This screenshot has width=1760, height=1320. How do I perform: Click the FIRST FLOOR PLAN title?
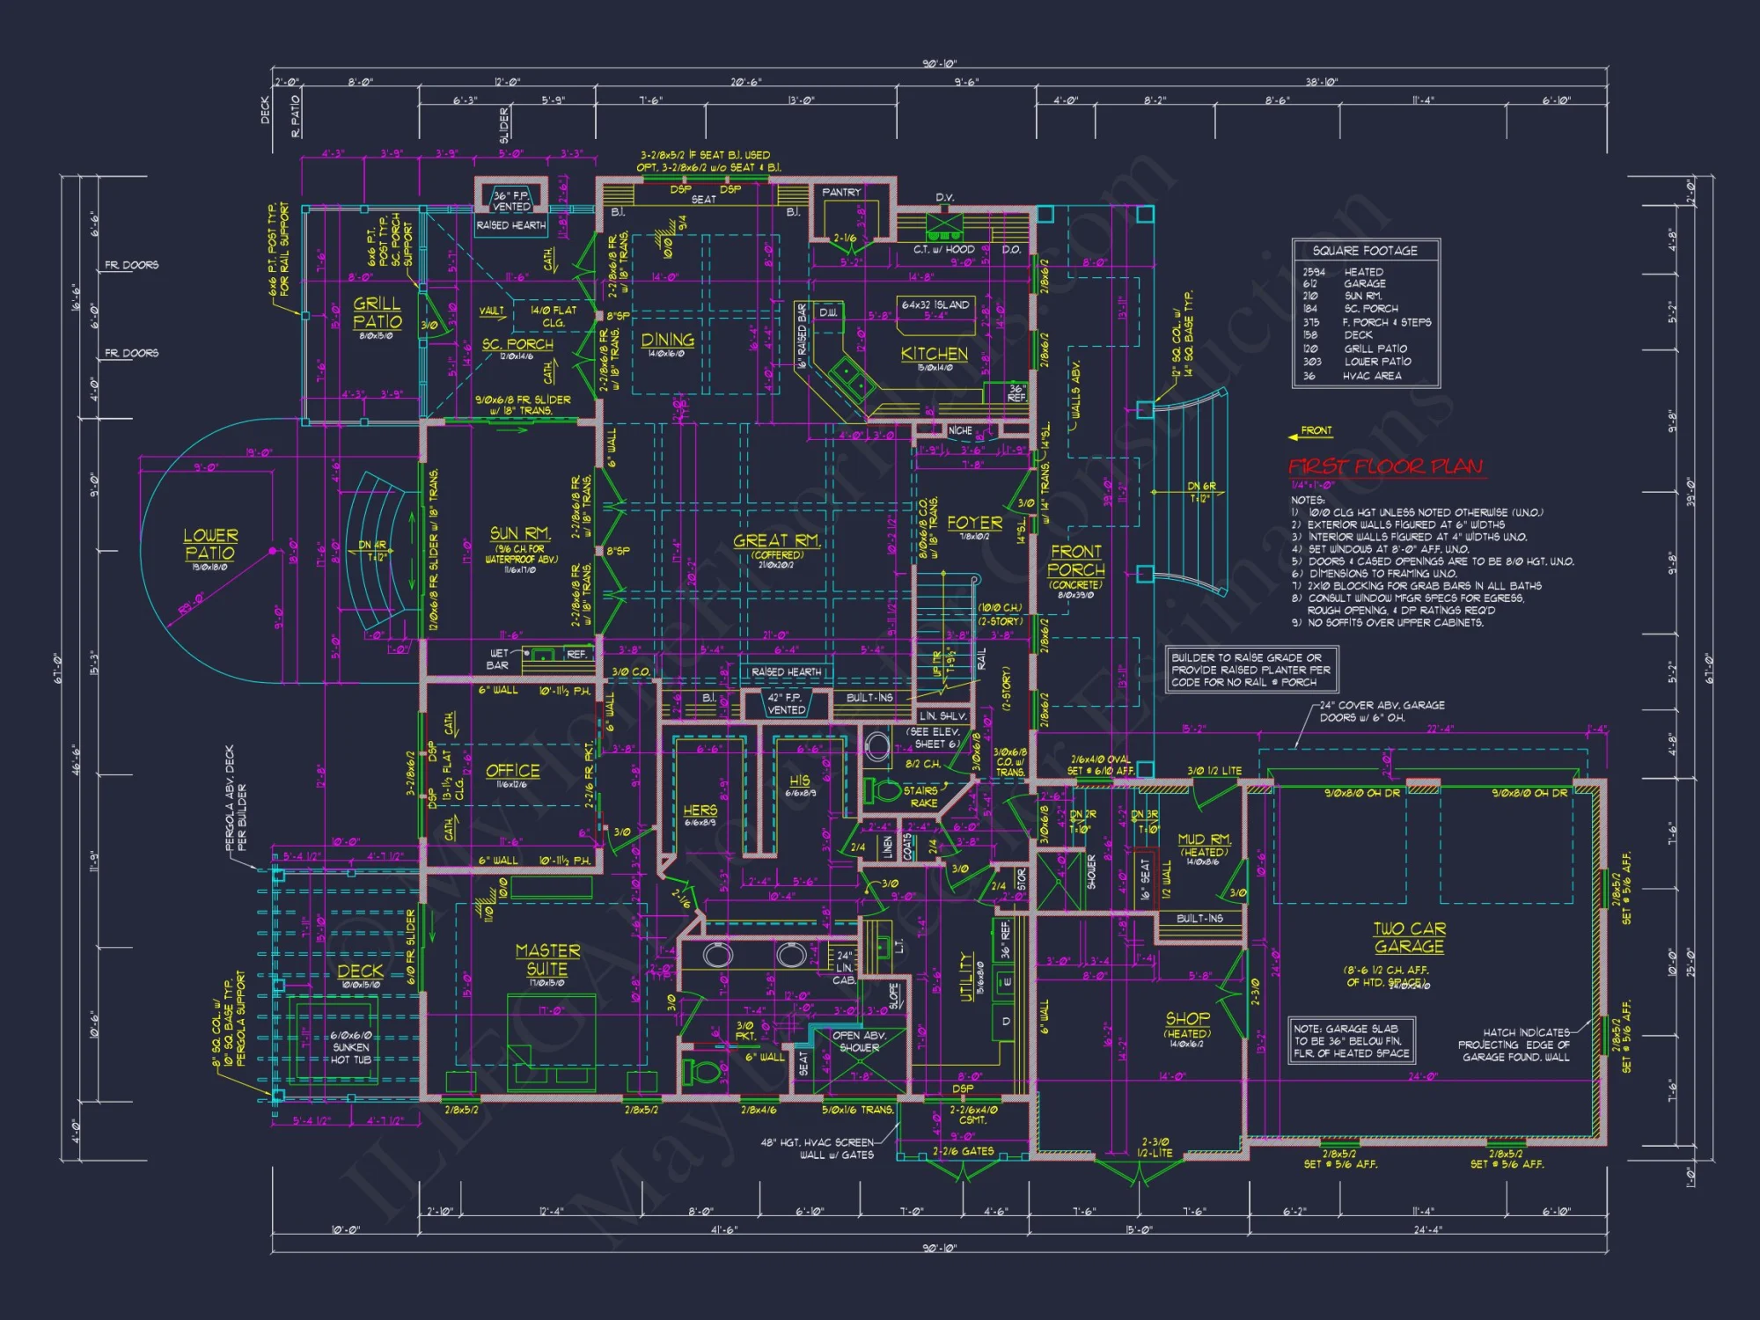[1387, 466]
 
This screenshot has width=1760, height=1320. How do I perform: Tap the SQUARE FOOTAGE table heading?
[1365, 251]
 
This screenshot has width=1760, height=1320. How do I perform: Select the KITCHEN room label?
[934, 354]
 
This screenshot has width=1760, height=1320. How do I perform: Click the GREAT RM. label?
[777, 541]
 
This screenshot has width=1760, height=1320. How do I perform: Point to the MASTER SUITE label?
[547, 960]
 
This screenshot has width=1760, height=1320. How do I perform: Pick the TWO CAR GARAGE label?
[1409, 938]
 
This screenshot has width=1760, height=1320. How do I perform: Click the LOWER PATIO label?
[210, 545]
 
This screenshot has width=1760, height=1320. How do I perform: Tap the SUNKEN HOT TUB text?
[351, 1048]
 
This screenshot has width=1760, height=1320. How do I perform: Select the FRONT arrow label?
[1316, 431]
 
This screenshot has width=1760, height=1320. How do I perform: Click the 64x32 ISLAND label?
[935, 305]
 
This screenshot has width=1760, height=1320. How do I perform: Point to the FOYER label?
[974, 523]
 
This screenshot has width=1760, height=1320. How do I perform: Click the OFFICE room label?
[513, 771]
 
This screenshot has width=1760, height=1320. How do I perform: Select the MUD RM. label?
[1204, 840]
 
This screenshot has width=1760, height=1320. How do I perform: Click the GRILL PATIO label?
[378, 312]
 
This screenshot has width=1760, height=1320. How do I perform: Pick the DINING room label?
[667, 341]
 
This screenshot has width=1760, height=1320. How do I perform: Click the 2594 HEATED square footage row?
[1342, 272]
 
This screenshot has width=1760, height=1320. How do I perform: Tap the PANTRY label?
[841, 192]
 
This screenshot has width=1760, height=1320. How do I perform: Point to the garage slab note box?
[1352, 1041]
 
